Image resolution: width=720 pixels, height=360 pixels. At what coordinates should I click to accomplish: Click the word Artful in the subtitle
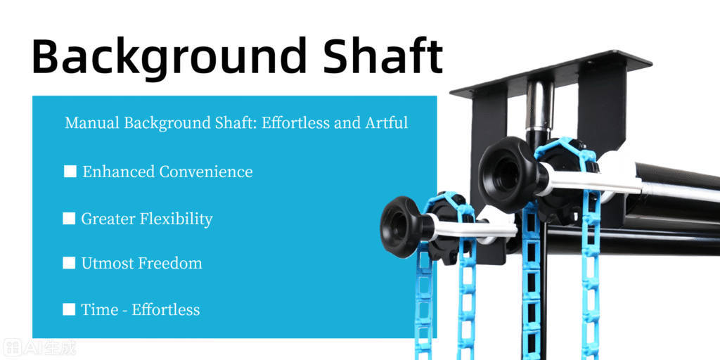pyautogui.click(x=386, y=123)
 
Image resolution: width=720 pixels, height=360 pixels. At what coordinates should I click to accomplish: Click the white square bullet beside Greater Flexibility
pyautogui.click(x=69, y=219)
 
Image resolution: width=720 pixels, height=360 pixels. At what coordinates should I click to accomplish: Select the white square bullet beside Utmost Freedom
pyautogui.click(x=69, y=263)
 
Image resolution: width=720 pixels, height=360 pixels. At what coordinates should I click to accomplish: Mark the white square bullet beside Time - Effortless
pyautogui.click(x=69, y=309)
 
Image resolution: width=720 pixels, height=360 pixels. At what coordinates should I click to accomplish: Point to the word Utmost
pyautogui.click(x=107, y=264)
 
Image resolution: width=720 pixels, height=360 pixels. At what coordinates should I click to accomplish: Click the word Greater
pyautogui.click(x=108, y=219)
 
